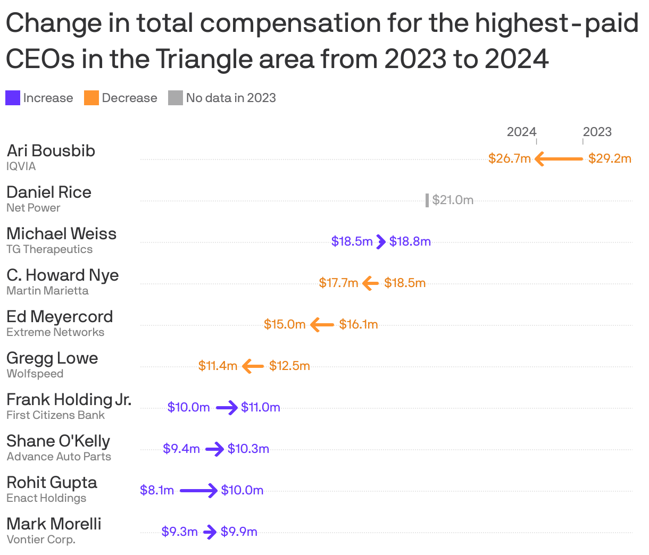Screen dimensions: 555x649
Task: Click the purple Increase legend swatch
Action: point(13,98)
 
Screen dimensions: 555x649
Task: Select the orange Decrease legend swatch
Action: point(91,98)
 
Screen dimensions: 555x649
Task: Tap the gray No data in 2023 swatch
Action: point(176,98)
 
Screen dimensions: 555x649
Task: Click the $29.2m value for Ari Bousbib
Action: point(610,158)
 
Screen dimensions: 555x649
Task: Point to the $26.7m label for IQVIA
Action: point(510,158)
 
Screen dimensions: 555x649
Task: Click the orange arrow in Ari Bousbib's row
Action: point(559,158)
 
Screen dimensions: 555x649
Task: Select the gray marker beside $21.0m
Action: point(427,200)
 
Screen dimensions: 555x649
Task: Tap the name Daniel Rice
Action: point(49,192)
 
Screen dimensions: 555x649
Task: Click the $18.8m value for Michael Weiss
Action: point(410,241)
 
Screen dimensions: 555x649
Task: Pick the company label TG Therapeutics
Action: point(49,249)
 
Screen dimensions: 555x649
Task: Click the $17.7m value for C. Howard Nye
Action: point(338,283)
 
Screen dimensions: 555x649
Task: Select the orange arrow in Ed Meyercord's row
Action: point(322,324)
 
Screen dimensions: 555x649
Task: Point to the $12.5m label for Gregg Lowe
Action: point(289,366)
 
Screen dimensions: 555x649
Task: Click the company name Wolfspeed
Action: point(35,374)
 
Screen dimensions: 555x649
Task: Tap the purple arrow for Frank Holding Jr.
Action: point(227,408)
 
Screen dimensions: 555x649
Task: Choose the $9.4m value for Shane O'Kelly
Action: point(181,449)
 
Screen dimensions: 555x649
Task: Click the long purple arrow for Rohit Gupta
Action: point(198,490)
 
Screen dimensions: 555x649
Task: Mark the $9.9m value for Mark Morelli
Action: point(239,532)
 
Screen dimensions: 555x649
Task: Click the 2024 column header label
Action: point(521,132)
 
